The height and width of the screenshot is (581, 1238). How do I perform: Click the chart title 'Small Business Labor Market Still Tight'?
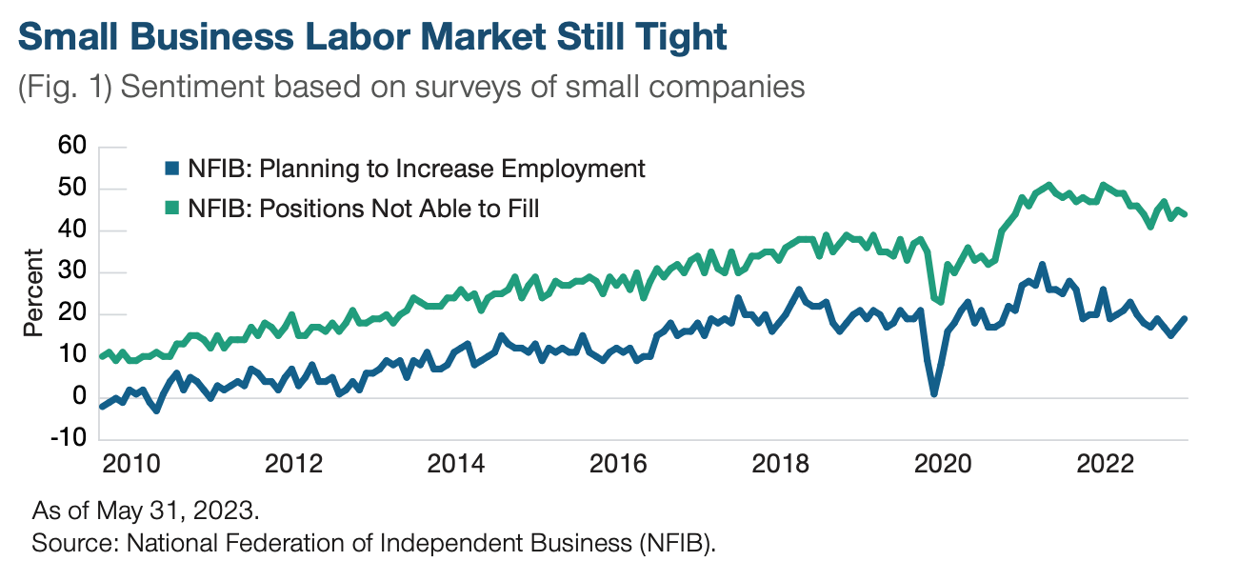pyautogui.click(x=372, y=37)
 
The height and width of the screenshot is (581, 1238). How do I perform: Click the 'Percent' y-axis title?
pyautogui.click(x=33, y=292)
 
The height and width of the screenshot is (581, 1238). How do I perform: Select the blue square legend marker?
pyautogui.click(x=170, y=170)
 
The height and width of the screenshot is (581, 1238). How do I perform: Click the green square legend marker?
pyautogui.click(x=170, y=209)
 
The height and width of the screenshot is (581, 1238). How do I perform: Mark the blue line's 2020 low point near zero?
pyautogui.click(x=934, y=393)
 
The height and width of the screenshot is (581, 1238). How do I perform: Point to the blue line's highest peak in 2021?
pyautogui.click(x=1042, y=265)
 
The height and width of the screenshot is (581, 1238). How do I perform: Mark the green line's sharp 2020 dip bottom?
pyautogui.click(x=941, y=301)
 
